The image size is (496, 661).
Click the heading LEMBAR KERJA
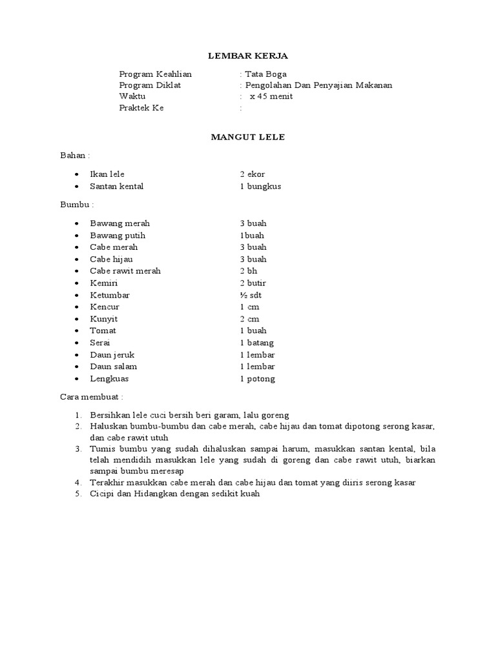click(249, 57)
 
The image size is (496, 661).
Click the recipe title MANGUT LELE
click(248, 137)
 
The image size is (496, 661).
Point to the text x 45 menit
click(271, 97)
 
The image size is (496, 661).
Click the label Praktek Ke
click(141, 108)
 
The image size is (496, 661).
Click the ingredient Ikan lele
click(107, 174)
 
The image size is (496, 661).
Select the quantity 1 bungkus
click(260, 187)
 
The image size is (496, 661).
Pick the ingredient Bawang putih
click(114, 236)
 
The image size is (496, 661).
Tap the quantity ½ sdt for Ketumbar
click(251, 295)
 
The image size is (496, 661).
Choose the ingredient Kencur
click(105, 307)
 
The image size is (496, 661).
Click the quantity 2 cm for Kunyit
click(249, 319)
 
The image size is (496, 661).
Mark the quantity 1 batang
click(256, 343)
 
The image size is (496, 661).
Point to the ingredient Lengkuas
click(108, 379)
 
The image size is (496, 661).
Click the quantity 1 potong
click(257, 379)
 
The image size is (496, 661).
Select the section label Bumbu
click(76, 205)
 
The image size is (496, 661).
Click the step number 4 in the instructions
click(77, 483)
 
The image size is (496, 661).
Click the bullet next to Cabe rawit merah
click(77, 272)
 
